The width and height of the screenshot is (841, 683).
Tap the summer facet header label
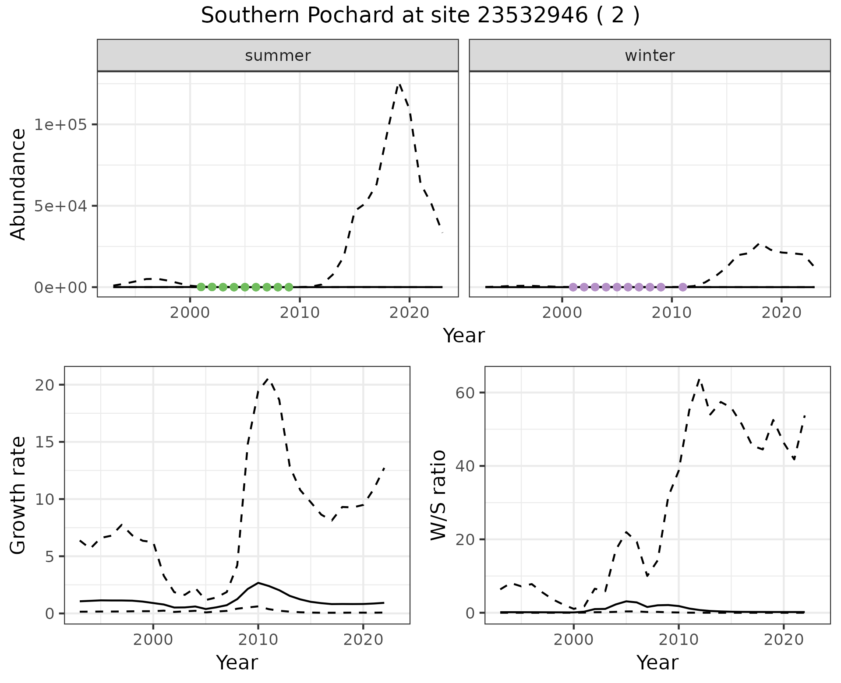(x=278, y=56)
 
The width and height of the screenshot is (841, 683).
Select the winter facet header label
(x=650, y=56)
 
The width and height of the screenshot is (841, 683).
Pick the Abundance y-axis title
(x=18, y=184)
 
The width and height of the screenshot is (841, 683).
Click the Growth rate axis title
(x=18, y=495)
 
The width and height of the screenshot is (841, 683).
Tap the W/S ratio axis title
(x=438, y=495)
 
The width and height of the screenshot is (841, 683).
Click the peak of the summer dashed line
(x=399, y=84)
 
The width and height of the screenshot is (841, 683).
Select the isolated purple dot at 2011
(x=682, y=287)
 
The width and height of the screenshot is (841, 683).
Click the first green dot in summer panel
(x=201, y=287)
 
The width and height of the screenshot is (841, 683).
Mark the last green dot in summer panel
(x=289, y=287)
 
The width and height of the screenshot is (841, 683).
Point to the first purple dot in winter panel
(x=573, y=287)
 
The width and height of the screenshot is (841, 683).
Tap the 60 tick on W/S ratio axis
(x=468, y=392)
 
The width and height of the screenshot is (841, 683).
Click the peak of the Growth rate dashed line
(x=268, y=379)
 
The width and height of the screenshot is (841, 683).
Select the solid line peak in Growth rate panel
(x=258, y=583)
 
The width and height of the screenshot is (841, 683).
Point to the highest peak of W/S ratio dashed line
(x=699, y=379)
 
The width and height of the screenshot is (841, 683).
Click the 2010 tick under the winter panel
(x=671, y=313)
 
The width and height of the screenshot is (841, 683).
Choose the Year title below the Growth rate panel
(x=237, y=662)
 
